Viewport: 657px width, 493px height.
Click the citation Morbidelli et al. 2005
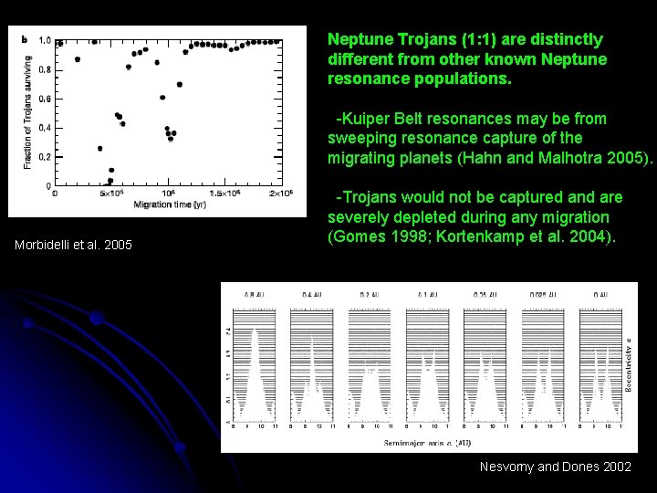click(74, 245)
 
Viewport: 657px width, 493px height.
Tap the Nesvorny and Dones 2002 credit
click(556, 467)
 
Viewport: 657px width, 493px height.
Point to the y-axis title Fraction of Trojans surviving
click(27, 112)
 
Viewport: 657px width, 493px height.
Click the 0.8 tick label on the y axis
click(45, 69)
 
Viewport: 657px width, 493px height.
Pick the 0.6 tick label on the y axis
click(45, 99)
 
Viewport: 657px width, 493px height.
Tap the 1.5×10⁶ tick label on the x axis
click(224, 194)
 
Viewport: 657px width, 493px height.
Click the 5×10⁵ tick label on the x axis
click(111, 194)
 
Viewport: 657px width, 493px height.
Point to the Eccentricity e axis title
click(629, 364)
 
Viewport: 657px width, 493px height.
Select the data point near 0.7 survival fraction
click(180, 84)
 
